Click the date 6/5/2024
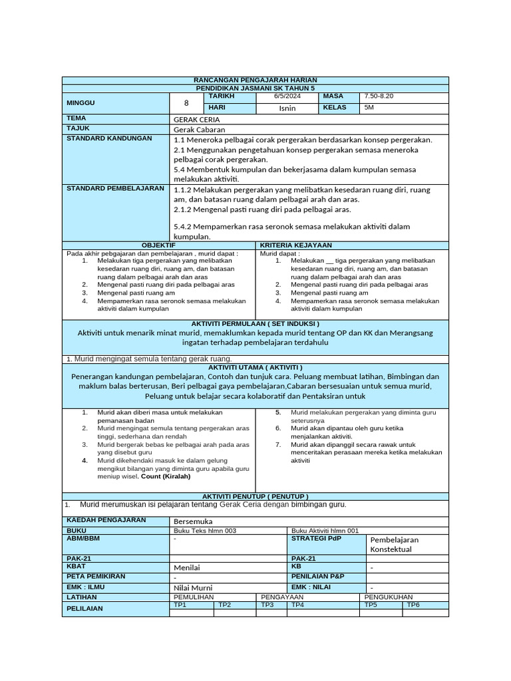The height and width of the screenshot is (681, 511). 287,97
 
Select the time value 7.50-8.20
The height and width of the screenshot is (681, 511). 379,97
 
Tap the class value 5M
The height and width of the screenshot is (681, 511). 370,108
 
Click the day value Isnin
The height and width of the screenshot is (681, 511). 287,108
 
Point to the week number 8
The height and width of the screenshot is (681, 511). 186,103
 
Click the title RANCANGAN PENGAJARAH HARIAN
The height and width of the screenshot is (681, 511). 255,80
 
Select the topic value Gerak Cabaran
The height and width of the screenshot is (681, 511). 199,130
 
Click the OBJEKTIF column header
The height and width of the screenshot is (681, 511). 158,245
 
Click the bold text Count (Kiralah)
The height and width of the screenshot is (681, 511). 166,476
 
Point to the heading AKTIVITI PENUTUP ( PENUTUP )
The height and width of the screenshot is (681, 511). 255,496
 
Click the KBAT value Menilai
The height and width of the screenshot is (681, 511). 186,567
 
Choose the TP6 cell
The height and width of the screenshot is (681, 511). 413,605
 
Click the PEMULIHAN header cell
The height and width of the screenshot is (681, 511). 192,597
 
